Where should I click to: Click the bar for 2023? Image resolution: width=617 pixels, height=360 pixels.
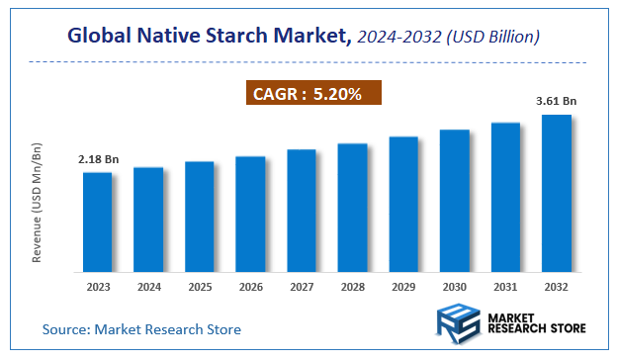97,223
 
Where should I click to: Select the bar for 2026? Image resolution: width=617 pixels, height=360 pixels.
250,215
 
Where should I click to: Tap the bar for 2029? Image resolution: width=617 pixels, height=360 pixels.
403,205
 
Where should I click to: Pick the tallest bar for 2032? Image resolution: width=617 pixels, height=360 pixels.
557,194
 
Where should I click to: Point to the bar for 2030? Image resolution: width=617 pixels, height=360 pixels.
455,201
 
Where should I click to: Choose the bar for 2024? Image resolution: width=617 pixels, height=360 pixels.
148,220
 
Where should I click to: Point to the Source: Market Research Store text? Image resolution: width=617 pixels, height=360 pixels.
141,328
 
